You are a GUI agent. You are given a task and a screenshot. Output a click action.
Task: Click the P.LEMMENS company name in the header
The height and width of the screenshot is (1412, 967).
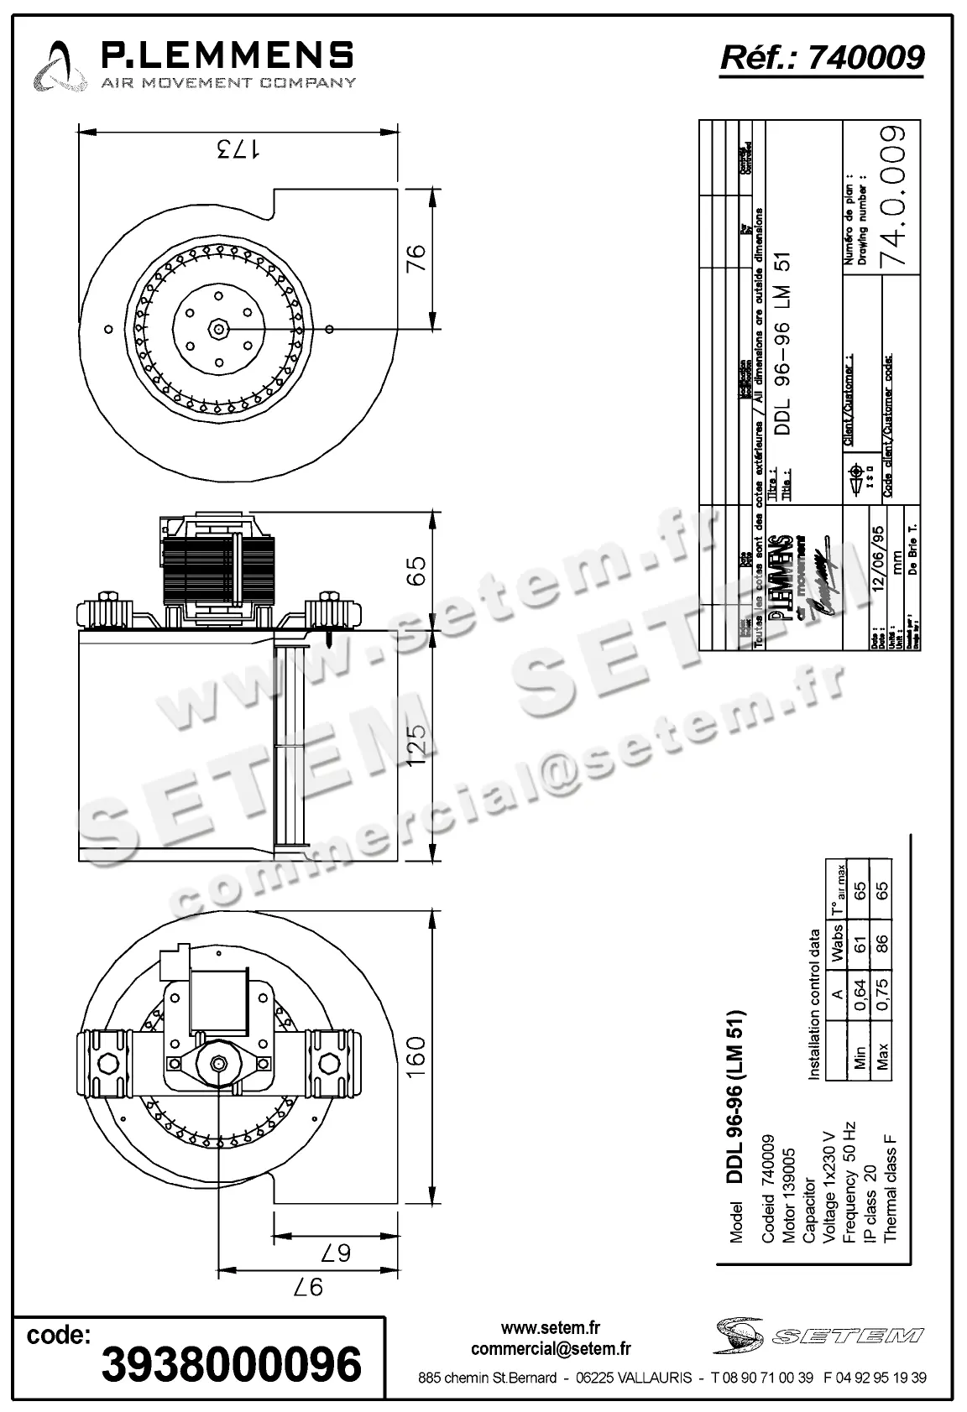pyautogui.click(x=227, y=55)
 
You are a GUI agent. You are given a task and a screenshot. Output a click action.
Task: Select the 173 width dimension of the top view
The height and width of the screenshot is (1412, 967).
pyautogui.click(x=238, y=150)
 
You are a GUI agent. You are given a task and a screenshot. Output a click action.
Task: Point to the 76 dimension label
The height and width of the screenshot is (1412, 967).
pyautogui.click(x=416, y=258)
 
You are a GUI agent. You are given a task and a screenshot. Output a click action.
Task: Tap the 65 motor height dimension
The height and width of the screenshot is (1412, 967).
pyautogui.click(x=416, y=571)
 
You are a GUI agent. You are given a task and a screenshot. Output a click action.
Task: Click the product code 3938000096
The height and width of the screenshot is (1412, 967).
pyautogui.click(x=231, y=1364)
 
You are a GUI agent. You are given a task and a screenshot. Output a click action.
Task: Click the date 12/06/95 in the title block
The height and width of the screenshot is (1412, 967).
pyautogui.click(x=876, y=560)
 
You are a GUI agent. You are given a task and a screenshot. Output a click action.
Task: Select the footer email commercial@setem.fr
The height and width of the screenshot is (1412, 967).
pyautogui.click(x=551, y=1349)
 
